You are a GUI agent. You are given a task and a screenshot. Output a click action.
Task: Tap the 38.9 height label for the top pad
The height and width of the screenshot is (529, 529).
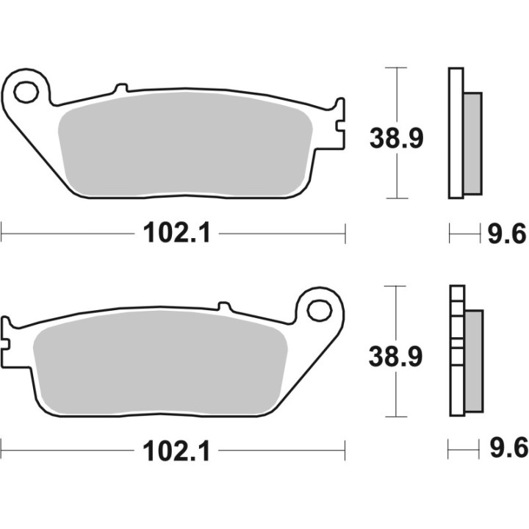click(396, 137)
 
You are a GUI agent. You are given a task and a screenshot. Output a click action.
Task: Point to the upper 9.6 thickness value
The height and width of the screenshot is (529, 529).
click(507, 234)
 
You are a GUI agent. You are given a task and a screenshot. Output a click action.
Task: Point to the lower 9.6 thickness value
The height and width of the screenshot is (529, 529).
click(507, 449)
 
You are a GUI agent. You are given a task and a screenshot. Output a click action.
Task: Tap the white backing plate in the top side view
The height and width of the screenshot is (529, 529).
click(455, 132)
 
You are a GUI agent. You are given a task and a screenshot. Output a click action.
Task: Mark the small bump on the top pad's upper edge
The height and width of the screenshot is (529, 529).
click(120, 89)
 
